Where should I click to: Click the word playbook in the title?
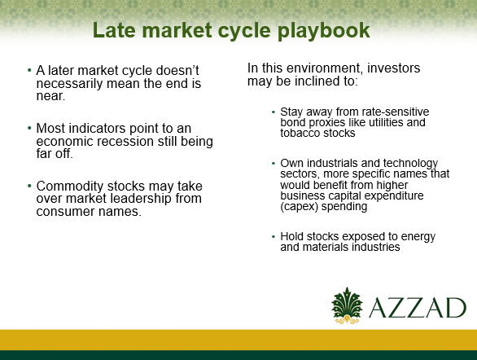[323, 31]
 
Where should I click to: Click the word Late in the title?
[114, 30]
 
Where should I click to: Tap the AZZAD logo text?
[418, 308]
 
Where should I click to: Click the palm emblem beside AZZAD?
[347, 305]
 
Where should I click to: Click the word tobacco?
[300, 133]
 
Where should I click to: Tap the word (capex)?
[299, 207]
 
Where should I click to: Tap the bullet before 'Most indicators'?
[29, 128]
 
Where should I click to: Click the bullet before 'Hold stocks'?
[274, 236]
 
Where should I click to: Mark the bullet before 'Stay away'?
[274, 112]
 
